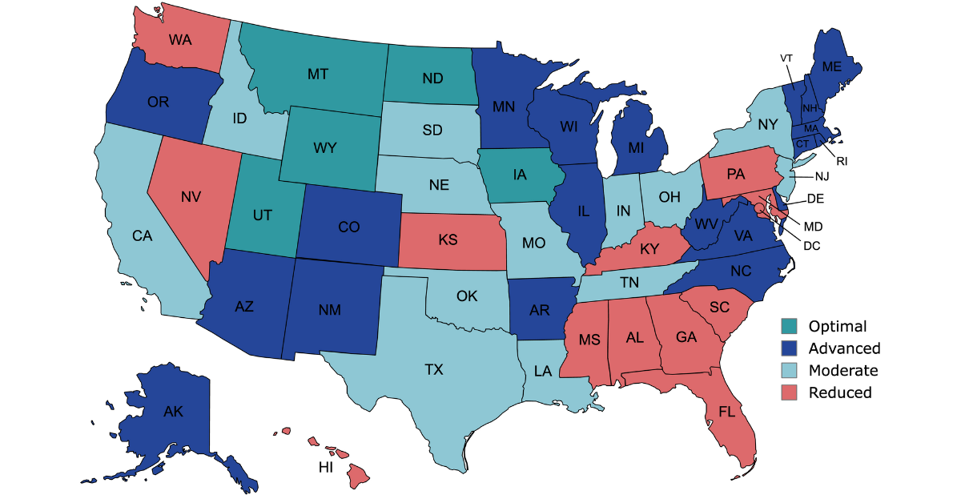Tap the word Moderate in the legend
click(843, 370)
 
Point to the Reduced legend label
click(840, 392)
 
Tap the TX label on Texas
click(433, 369)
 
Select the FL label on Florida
click(726, 412)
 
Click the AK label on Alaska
click(173, 412)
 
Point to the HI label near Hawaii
click(326, 468)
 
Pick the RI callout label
click(842, 161)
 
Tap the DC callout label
click(813, 246)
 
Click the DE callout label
click(817, 198)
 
